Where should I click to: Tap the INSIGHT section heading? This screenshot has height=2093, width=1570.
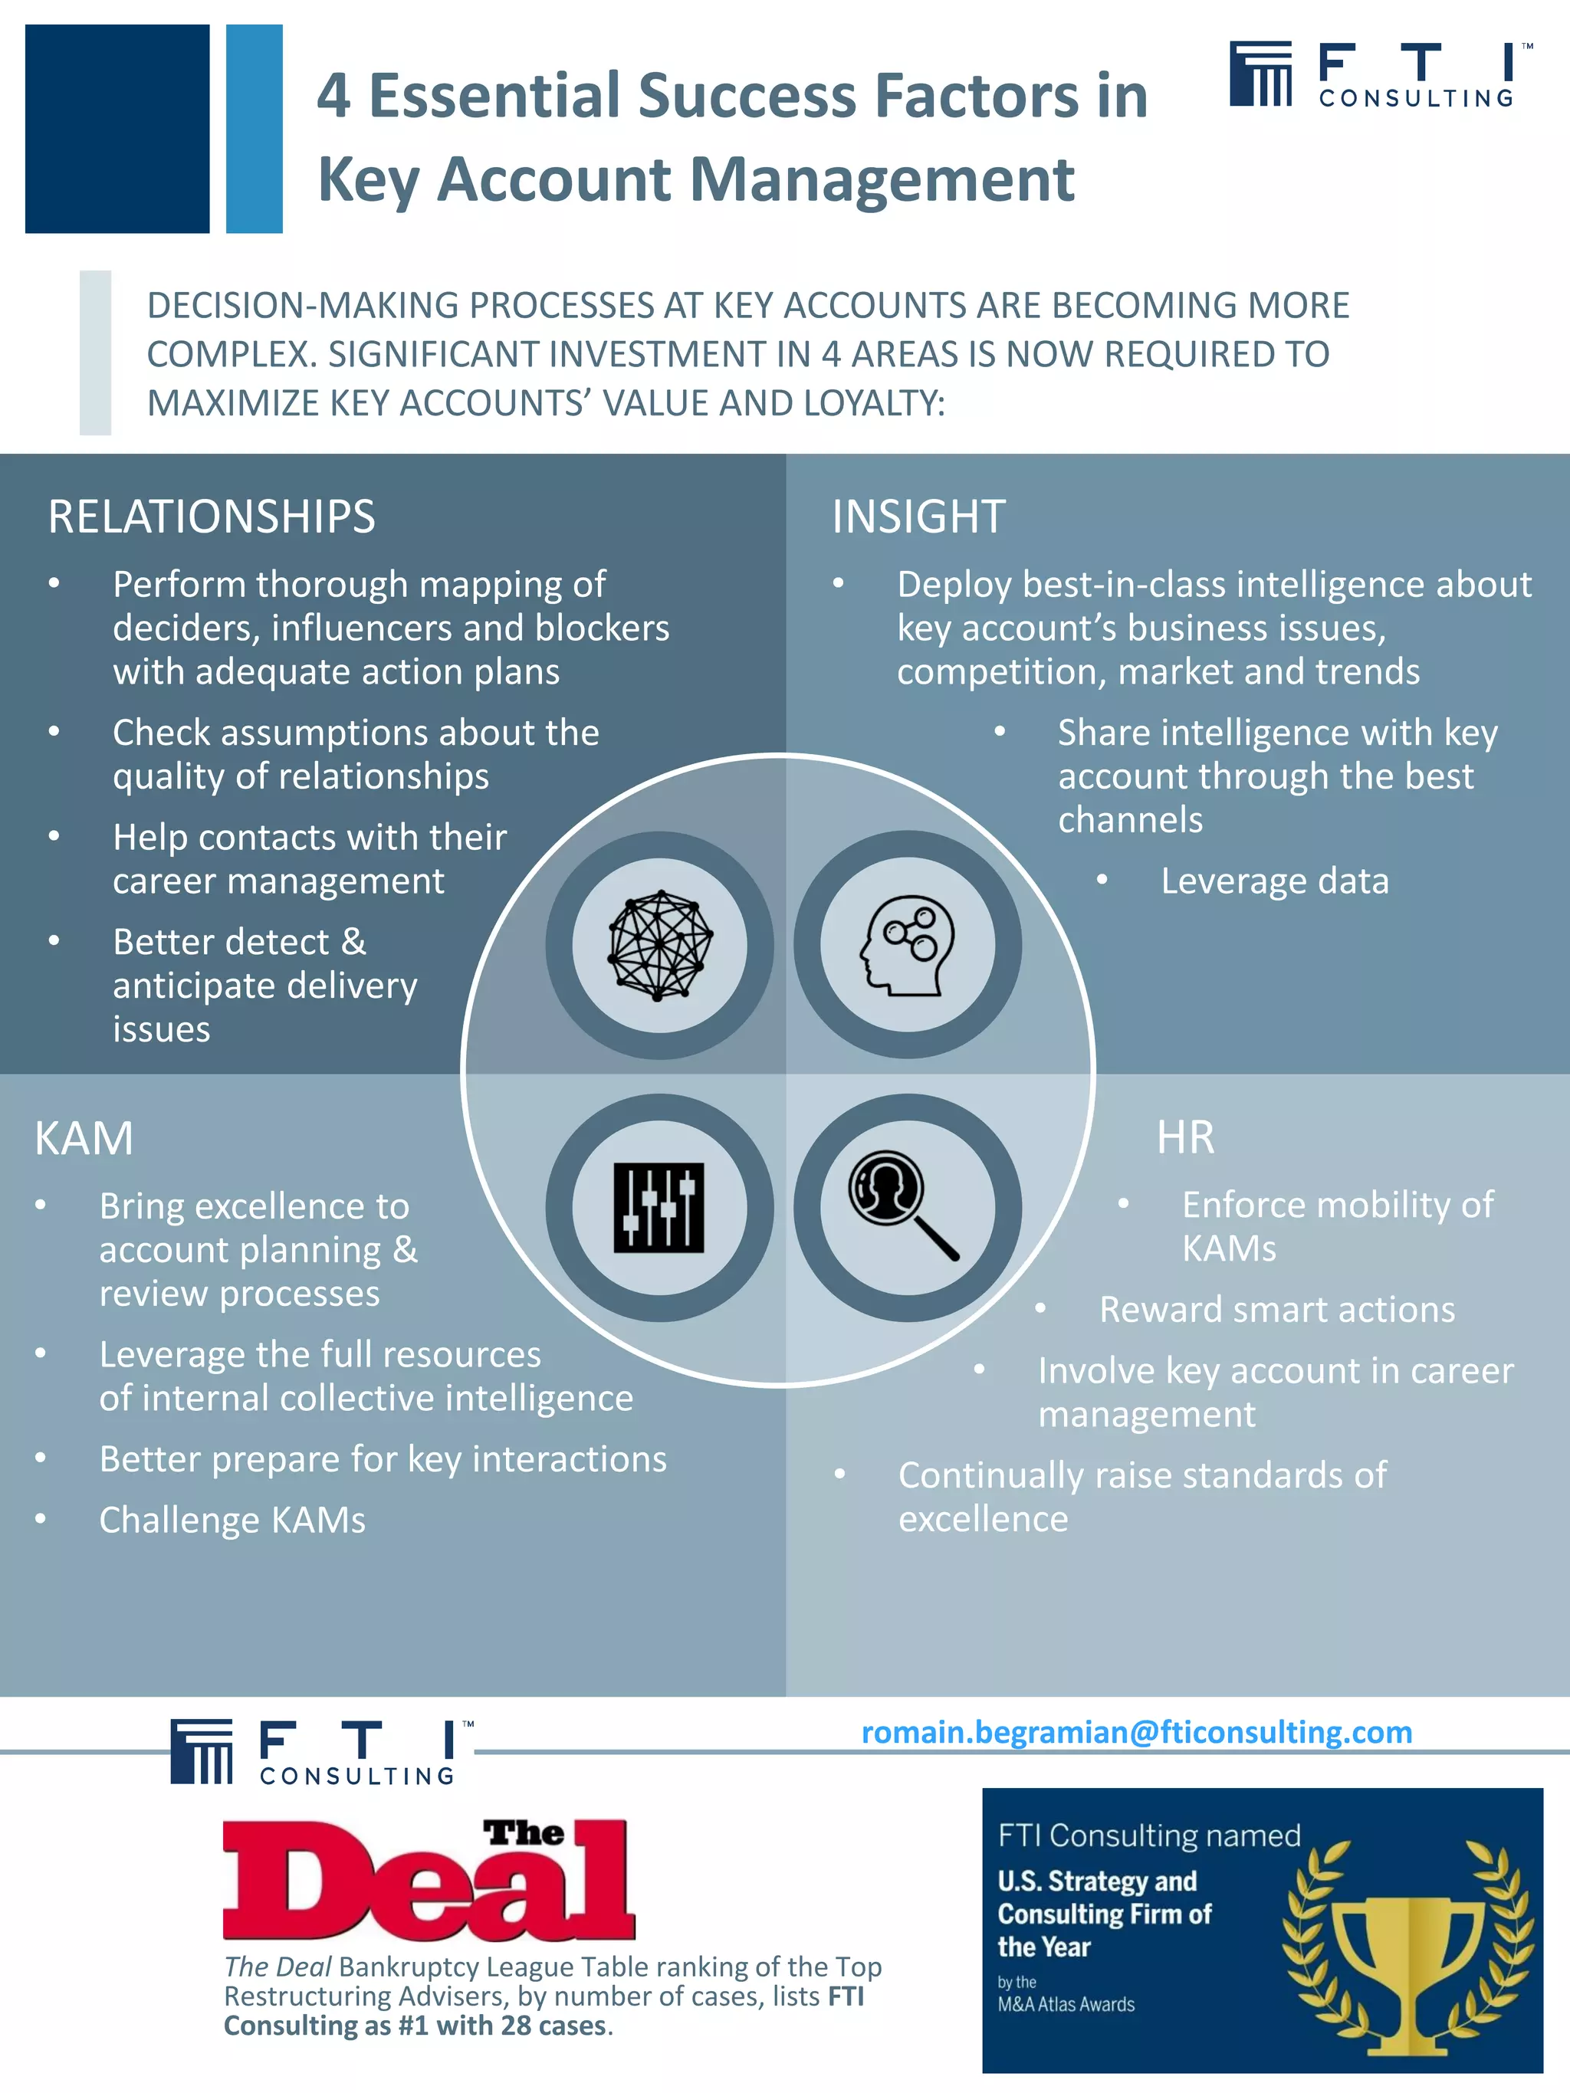click(918, 517)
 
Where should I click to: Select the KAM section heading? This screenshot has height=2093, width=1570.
click(84, 1137)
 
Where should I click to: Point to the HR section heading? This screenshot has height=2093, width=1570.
click(1185, 1137)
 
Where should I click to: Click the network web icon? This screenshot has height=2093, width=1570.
click(659, 945)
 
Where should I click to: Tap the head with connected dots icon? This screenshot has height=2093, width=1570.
click(908, 945)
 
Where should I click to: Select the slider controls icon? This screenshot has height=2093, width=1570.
click(659, 1207)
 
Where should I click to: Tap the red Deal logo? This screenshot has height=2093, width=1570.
click(429, 1880)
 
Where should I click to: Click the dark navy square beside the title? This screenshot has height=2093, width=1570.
click(117, 129)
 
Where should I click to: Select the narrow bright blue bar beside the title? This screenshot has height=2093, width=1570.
click(255, 129)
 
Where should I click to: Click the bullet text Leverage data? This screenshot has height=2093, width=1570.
click(1274, 881)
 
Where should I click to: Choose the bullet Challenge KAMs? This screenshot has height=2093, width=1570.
click(232, 1520)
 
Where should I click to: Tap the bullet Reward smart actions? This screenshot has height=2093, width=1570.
click(1276, 1310)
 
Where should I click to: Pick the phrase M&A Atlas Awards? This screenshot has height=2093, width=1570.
click(1066, 2004)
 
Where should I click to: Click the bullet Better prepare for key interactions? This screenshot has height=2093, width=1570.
click(383, 1459)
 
